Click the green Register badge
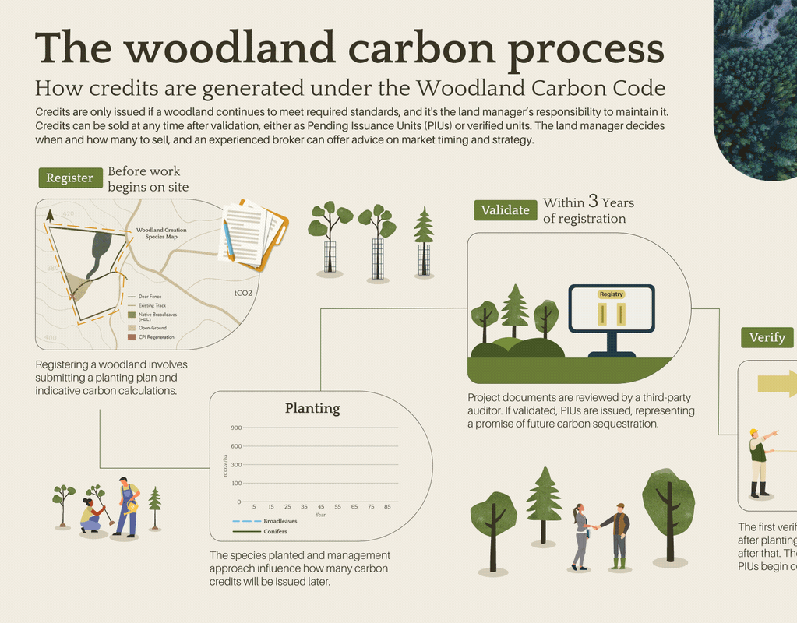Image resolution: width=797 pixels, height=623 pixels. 70,178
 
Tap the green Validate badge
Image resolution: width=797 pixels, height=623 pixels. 505,209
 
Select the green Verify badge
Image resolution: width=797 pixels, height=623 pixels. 767,337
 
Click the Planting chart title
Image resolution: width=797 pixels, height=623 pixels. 312,408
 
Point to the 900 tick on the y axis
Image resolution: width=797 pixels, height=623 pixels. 236,428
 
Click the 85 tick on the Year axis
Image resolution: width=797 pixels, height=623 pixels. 387,506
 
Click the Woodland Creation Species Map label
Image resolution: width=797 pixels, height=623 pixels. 161,233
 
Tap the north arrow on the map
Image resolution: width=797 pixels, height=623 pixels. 50,216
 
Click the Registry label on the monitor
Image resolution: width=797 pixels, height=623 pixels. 612,294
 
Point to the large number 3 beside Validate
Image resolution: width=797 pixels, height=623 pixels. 593,202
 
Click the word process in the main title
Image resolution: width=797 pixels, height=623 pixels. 586,48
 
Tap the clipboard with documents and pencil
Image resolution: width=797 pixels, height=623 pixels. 254,234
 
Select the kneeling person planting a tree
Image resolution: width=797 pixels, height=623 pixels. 91,516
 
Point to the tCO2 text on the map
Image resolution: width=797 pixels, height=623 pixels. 243,294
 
